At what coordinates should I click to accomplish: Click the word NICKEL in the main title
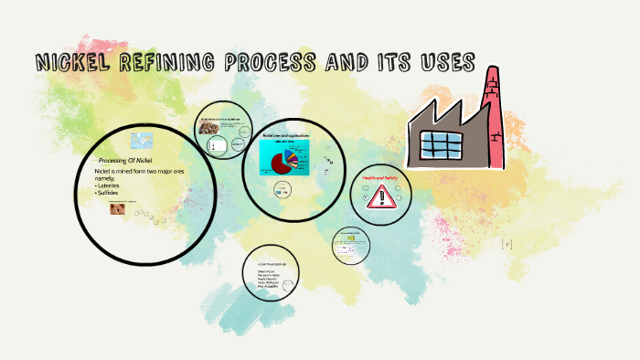[x=72, y=63]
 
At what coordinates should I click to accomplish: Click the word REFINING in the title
[x=166, y=63]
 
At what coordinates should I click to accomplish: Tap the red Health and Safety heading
[x=379, y=177]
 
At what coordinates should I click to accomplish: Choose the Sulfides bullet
[x=112, y=194]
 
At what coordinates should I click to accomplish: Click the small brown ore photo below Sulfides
[x=118, y=208]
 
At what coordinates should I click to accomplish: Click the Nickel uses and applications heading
[x=286, y=135]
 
